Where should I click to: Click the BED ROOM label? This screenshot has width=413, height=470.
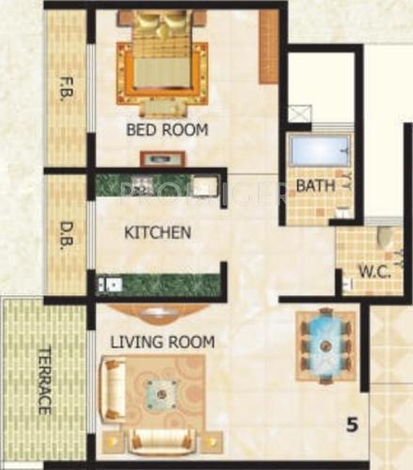(x=167, y=130)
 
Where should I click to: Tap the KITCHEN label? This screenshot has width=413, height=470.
(x=158, y=231)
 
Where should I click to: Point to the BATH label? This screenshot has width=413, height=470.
(x=315, y=186)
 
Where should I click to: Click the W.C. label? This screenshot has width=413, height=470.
(x=370, y=275)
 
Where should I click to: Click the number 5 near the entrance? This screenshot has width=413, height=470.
(x=352, y=425)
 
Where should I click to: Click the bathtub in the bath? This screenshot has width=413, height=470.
(x=319, y=151)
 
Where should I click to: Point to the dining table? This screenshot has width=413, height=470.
(x=326, y=345)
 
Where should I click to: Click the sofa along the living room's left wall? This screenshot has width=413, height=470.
(x=112, y=388)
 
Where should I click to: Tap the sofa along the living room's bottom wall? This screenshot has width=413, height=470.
(x=161, y=439)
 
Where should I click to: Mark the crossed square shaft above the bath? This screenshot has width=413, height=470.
(x=300, y=115)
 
